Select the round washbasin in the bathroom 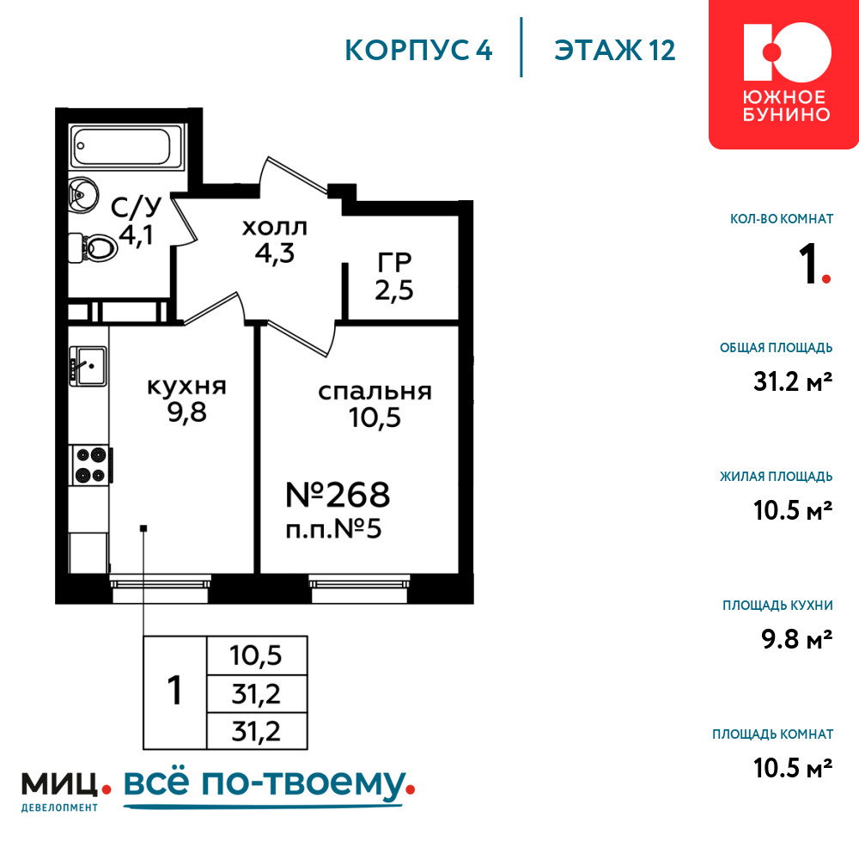83,194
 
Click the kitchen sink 88,366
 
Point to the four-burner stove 91,465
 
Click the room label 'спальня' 375,392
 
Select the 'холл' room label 275,227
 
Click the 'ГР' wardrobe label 394,262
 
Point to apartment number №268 338,495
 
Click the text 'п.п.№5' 333,530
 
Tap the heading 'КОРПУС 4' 418,50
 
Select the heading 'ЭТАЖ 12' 615,50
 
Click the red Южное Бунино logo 783,74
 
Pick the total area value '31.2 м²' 793,381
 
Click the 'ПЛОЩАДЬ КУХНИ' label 777,606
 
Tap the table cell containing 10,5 256,655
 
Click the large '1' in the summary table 174,691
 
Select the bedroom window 359,589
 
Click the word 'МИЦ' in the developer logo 60,784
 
